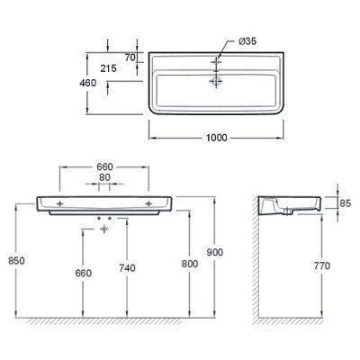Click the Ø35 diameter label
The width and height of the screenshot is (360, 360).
(247, 41)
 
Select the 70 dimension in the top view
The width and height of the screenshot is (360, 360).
(130, 57)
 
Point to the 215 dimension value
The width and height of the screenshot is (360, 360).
(108, 68)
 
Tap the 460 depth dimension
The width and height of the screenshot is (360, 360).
(87, 83)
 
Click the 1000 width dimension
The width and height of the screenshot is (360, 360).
(217, 138)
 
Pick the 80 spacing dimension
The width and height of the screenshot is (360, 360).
(104, 177)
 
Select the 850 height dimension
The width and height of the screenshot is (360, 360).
(16, 261)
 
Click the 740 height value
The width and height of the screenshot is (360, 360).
(127, 267)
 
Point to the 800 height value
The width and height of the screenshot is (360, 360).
(190, 264)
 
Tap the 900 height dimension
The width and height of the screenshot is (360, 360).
(215, 252)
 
